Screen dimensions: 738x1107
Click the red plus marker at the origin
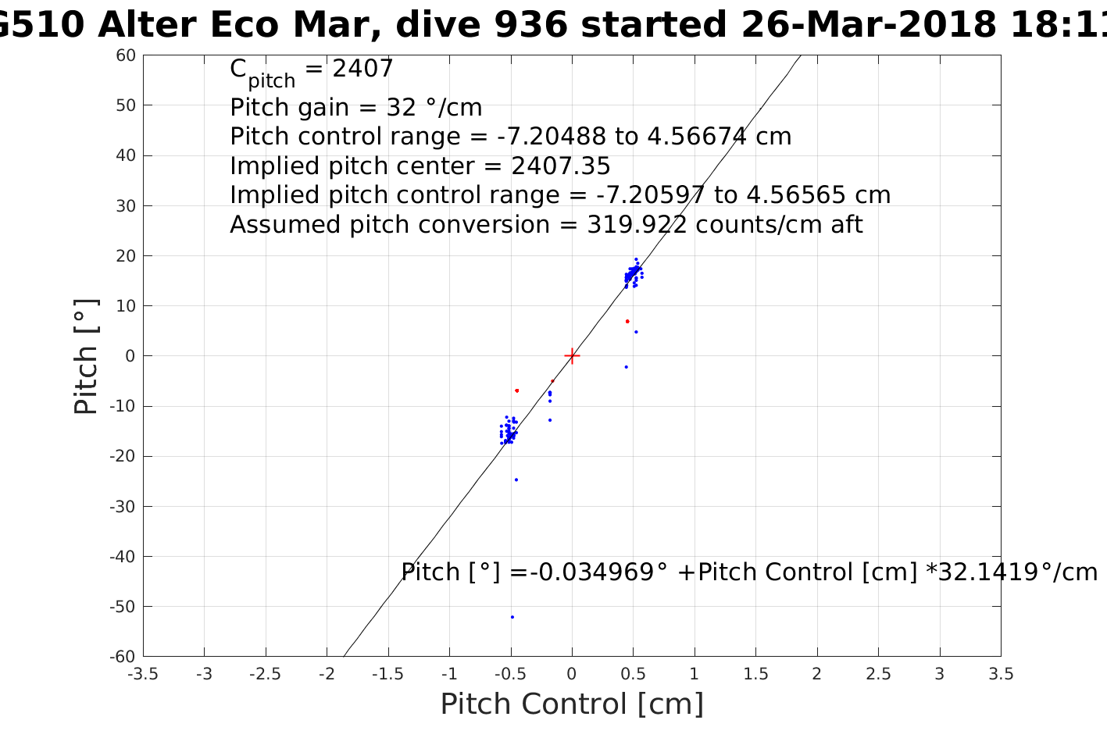coord(572,356)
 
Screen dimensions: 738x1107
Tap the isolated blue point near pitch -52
coord(512,617)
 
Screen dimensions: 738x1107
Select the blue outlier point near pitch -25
coord(516,480)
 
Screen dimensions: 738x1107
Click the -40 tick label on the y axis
coord(122,557)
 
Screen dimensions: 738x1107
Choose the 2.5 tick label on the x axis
coord(878,674)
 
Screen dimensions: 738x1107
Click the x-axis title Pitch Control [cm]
coord(572,704)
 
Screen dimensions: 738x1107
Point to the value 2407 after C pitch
coord(362,70)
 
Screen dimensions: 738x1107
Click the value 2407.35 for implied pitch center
coord(560,166)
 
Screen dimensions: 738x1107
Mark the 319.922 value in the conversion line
coord(636,225)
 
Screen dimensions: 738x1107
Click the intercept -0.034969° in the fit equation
coord(599,572)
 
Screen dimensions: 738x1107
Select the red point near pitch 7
coord(627,321)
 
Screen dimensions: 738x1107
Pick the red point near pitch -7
coord(516,390)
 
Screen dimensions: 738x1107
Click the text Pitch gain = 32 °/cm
coord(355,107)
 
